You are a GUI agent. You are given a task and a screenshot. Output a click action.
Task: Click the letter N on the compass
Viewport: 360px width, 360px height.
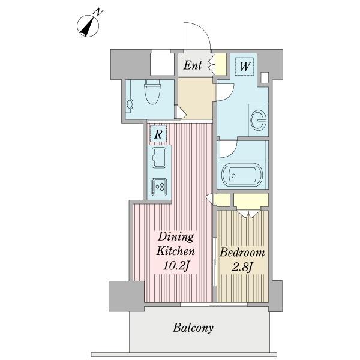click(98, 12)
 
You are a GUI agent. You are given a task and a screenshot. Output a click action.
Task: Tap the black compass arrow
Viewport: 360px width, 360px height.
click(88, 28)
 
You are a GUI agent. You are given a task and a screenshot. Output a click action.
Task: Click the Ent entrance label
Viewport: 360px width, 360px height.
click(193, 65)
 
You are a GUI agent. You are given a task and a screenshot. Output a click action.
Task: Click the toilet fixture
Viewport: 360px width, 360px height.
click(152, 92)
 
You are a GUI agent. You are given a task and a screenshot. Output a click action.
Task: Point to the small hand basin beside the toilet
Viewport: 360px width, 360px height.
click(130, 104)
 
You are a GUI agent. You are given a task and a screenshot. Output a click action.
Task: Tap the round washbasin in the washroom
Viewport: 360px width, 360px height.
click(259, 120)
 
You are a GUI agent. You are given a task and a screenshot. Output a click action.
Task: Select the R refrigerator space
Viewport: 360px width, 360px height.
click(158, 134)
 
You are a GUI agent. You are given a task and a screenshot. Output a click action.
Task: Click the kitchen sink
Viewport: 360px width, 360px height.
click(159, 158)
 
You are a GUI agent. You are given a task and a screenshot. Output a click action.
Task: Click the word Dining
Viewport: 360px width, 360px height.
click(176, 237)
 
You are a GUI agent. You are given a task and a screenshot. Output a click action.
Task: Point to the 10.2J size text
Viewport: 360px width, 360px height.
click(176, 266)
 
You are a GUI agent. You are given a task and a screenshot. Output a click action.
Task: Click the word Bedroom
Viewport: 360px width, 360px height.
click(242, 253)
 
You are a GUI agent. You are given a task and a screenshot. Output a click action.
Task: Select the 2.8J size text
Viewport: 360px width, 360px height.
click(242, 267)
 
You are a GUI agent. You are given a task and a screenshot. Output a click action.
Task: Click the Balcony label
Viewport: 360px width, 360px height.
click(193, 328)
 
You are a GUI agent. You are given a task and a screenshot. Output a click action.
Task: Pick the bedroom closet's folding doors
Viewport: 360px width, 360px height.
click(249, 214)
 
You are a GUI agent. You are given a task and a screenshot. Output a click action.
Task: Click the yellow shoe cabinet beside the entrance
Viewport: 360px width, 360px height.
click(221, 64)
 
